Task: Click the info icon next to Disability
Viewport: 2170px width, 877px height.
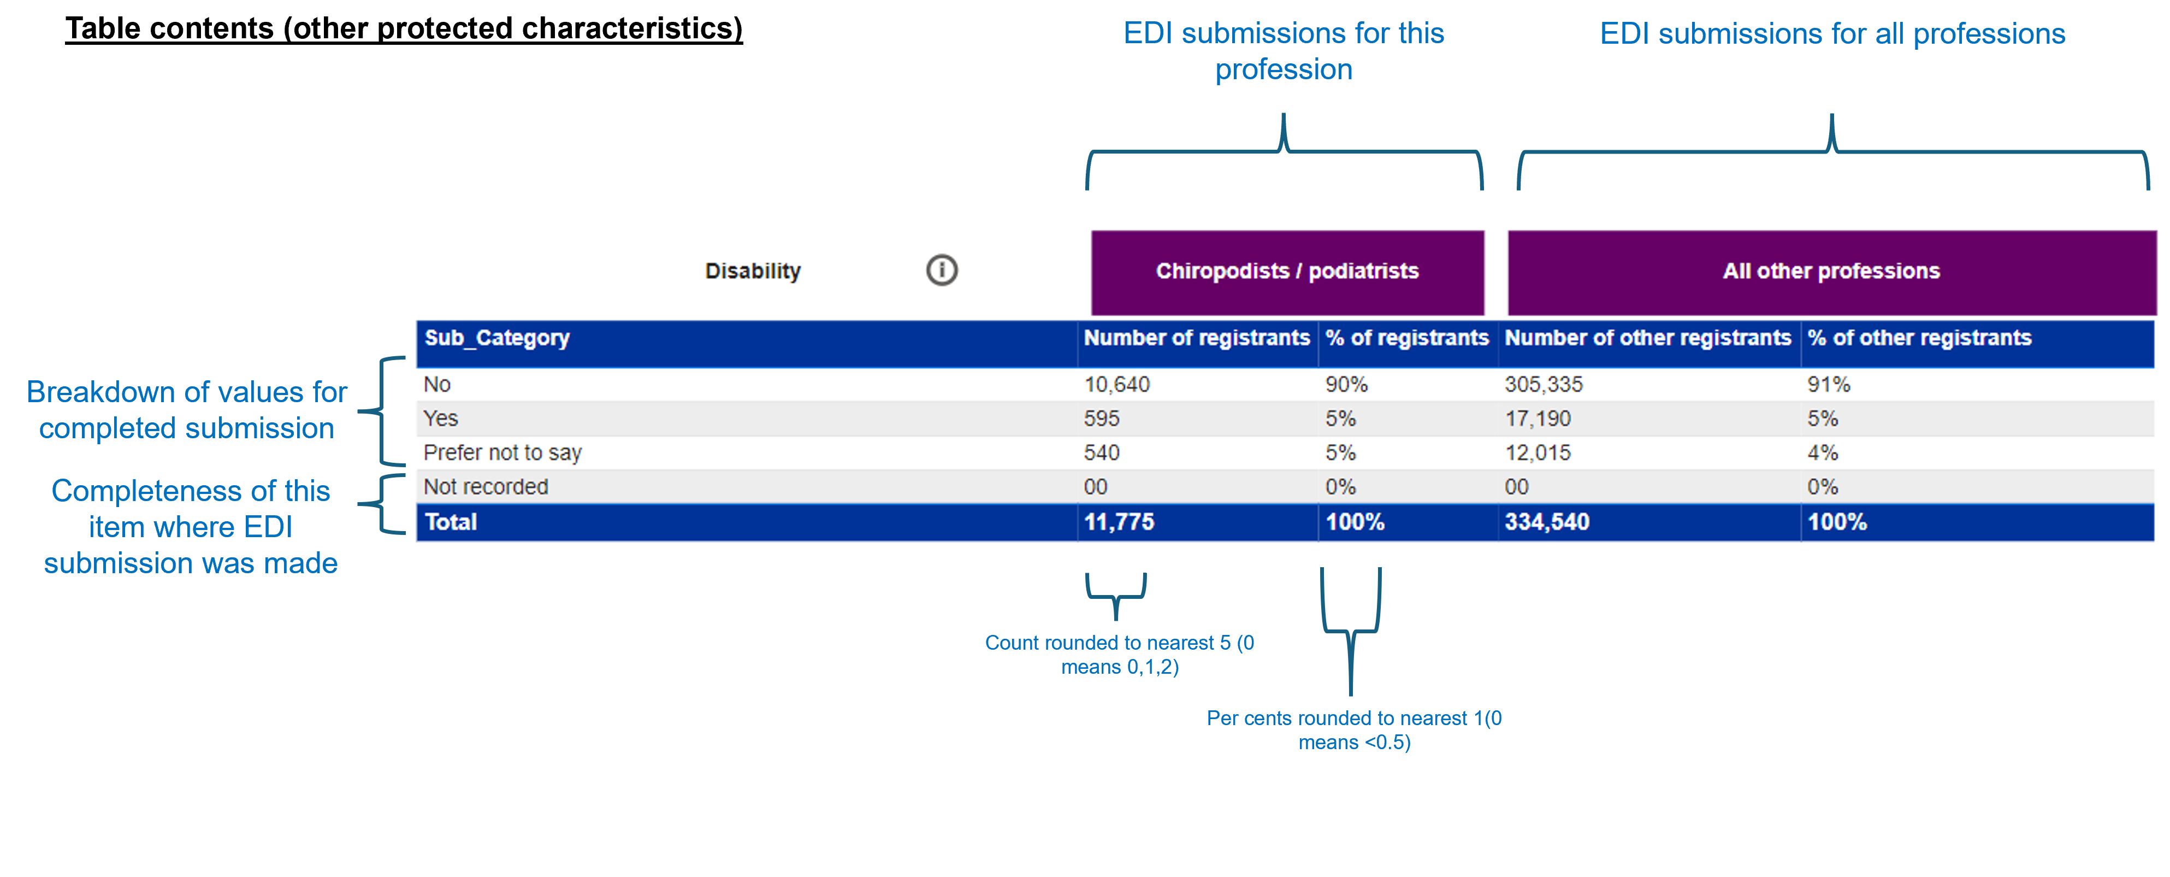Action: [x=942, y=270]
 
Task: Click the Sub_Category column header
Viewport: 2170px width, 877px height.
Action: [x=497, y=338]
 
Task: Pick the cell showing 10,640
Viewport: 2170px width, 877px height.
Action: [x=1116, y=385]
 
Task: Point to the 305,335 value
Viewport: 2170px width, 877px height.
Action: [x=1544, y=385]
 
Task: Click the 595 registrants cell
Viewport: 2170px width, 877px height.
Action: [x=1101, y=419]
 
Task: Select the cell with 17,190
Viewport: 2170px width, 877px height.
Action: [x=1538, y=419]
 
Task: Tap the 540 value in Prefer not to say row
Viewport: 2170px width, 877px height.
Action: [x=1101, y=453]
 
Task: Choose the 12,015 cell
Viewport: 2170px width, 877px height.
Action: [x=1538, y=453]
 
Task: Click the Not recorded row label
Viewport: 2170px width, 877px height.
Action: [x=485, y=487]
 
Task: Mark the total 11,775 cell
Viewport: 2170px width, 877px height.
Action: [x=1119, y=522]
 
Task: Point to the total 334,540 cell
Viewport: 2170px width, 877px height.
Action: [x=1547, y=522]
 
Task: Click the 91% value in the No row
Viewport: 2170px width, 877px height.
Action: [x=1828, y=385]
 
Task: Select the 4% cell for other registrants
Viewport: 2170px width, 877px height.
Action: [x=1822, y=453]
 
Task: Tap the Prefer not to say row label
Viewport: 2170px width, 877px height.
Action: [x=502, y=453]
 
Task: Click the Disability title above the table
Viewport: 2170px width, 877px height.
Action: [x=752, y=271]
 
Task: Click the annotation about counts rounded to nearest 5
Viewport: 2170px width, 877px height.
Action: [x=1119, y=655]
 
